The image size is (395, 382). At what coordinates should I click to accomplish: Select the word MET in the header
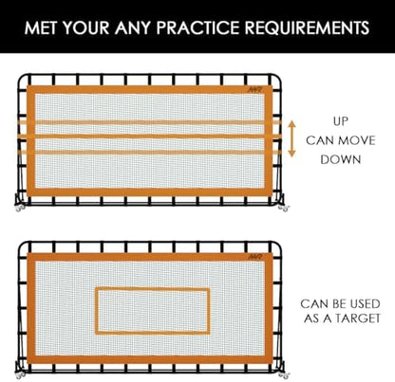point(41,27)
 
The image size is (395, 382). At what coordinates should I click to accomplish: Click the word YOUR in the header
point(85,27)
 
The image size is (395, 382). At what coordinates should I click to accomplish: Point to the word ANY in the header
point(133,27)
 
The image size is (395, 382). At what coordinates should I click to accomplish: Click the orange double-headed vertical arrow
point(292,139)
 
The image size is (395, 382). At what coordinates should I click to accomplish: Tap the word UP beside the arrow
point(341,121)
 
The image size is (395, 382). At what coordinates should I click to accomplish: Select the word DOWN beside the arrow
point(341,159)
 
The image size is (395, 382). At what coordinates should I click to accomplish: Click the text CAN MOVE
point(341,140)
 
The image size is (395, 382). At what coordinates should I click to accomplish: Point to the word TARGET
point(358,318)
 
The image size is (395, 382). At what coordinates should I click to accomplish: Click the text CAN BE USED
point(340,304)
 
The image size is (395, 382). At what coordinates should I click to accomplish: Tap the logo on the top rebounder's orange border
point(255,90)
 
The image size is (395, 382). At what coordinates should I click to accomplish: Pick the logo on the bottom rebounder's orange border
point(255,257)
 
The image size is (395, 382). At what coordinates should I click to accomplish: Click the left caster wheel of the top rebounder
point(21,208)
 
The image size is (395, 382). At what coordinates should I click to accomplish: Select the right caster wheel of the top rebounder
point(284,208)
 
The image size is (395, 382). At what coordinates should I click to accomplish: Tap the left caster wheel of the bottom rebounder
point(21,375)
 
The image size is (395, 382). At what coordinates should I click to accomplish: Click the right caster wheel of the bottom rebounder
point(284,375)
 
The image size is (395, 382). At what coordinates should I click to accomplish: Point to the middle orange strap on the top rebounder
point(150,136)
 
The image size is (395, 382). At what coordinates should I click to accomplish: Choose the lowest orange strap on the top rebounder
point(150,153)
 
